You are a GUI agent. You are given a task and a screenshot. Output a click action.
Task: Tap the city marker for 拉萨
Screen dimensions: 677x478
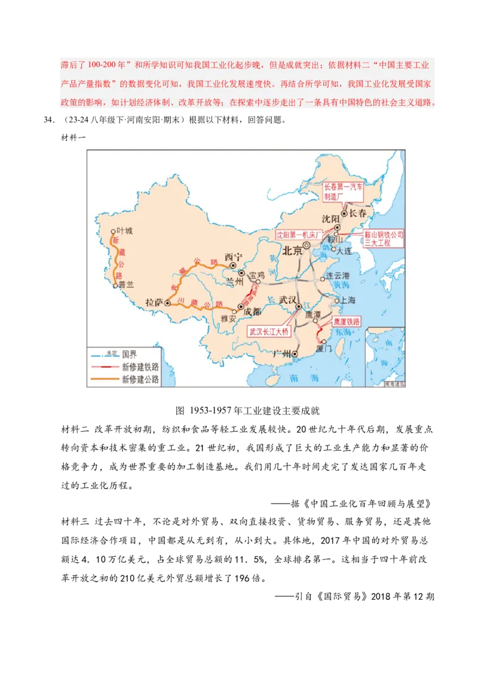[167, 303]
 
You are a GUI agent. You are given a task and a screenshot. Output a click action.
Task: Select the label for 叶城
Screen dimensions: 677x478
[125, 230]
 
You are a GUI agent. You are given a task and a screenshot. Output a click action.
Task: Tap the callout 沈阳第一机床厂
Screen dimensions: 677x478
[299, 235]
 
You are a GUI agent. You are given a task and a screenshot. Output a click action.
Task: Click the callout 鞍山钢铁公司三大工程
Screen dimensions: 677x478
[384, 239]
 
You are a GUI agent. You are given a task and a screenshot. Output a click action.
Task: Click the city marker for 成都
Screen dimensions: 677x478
[241, 307]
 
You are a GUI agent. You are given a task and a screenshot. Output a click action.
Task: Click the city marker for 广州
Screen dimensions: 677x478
[295, 354]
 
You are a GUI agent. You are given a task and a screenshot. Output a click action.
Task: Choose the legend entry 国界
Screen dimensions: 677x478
[130, 355]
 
